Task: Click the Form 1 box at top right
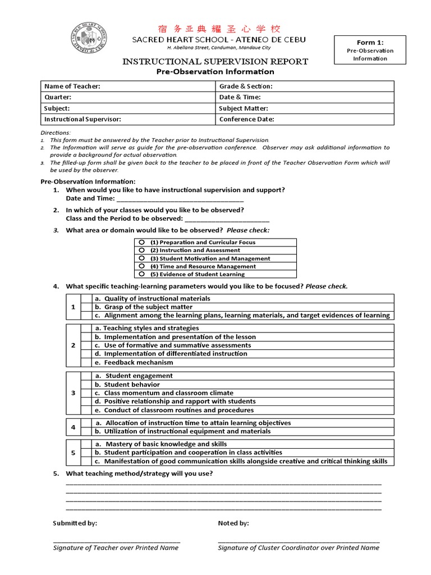370,51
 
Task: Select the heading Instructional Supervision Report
215,62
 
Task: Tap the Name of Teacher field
128,86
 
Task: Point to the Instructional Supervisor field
128,119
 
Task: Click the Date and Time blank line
180,199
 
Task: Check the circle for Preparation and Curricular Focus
142,242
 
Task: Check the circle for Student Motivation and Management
142,258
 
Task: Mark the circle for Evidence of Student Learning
142,274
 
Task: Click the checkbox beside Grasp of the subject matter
86,307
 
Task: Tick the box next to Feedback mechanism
86,362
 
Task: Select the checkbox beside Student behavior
86,385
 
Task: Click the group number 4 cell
73,427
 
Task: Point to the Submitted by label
75,523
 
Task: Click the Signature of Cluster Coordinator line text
299,548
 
